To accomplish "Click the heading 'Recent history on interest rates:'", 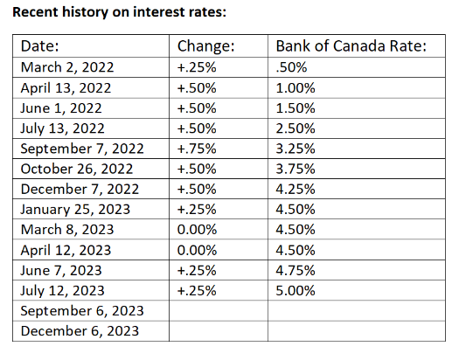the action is click(120, 12).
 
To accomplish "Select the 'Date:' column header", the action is click(40, 46).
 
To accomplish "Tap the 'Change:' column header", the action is click(206, 46).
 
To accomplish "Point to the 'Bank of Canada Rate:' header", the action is click(351, 46).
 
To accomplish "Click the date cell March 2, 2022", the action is click(67, 67).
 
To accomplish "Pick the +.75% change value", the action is click(197, 149).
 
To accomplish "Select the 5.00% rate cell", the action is click(296, 290).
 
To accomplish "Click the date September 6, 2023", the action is click(82, 311).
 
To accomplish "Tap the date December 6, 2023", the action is click(80, 331).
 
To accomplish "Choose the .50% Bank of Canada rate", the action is click(291, 67).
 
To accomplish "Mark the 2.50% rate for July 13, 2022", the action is click(296, 128).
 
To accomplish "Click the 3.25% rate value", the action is click(296, 149).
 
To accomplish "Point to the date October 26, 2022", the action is click(77, 169).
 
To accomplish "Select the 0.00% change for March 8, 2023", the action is click(197, 230).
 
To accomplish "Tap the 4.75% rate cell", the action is click(296, 270).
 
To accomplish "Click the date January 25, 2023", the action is click(75, 210).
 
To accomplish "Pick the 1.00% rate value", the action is click(296, 88).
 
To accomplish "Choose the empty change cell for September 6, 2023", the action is click(219, 311).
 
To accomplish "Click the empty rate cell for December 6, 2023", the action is click(357, 331).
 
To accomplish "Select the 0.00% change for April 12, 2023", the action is click(197, 250).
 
